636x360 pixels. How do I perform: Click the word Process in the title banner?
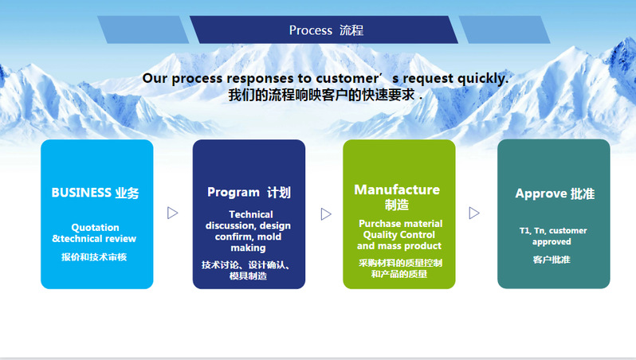310,30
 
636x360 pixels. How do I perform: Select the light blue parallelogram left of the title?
143,29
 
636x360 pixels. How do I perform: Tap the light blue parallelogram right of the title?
504,29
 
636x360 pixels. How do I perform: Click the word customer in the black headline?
347,78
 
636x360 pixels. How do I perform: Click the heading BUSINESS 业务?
96,193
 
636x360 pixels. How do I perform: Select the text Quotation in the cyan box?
96,228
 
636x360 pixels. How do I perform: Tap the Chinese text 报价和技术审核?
94,257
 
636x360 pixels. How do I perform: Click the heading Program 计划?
249,193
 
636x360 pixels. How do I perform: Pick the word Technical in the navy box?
251,214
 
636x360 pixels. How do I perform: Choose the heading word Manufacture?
397,190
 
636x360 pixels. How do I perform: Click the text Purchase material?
400,224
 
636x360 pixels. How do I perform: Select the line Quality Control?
399,235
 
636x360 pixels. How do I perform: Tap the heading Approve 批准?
555,194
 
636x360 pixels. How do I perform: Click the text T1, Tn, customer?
553,231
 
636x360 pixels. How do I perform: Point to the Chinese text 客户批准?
552,260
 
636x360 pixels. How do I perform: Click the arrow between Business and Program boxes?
172,213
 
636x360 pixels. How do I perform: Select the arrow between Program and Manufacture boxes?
326,213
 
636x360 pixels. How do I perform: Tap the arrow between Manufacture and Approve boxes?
474,213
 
